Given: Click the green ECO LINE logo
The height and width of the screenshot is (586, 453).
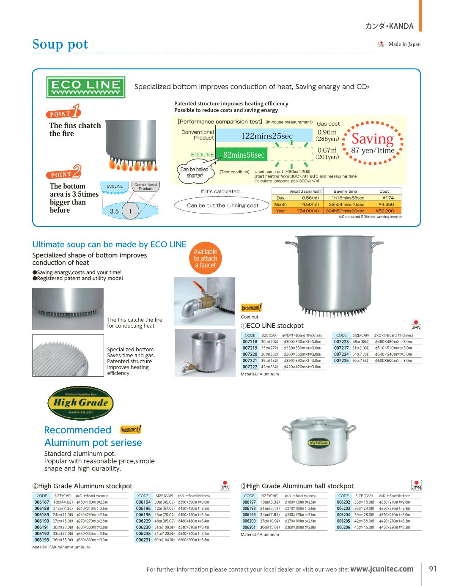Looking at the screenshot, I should point(85,87).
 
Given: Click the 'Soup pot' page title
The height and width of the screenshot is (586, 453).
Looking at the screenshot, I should point(60,44).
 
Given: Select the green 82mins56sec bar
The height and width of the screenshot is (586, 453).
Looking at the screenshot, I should point(244,155).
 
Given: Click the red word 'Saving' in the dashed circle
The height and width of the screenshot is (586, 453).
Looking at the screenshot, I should point(372,139).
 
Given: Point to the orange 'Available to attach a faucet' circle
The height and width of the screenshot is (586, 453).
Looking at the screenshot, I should point(206,258).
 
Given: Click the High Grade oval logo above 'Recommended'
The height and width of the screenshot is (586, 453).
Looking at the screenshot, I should point(80,403).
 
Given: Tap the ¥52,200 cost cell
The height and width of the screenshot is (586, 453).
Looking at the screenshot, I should point(384,211).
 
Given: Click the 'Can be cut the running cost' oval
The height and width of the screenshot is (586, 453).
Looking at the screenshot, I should point(222,205).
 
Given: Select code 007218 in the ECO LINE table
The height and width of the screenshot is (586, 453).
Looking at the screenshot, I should point(250,342).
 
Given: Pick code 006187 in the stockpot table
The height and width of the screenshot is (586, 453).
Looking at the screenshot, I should point(42,502).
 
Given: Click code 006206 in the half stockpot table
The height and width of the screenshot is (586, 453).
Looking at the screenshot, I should point(343,528).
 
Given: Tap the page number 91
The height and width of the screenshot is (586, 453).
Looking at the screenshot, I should point(433,569).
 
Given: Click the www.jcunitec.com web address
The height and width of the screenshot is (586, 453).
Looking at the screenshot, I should point(382,569).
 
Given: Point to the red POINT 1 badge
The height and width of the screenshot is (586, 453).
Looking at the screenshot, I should point(63,112).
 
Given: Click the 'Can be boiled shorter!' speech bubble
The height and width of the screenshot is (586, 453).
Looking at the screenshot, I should point(195,173).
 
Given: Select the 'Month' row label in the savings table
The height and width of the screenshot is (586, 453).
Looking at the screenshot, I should point(280,204).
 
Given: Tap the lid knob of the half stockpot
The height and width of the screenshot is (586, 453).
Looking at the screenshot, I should point(317,420).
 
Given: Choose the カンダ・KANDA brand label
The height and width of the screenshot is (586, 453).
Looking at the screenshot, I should point(389,26).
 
